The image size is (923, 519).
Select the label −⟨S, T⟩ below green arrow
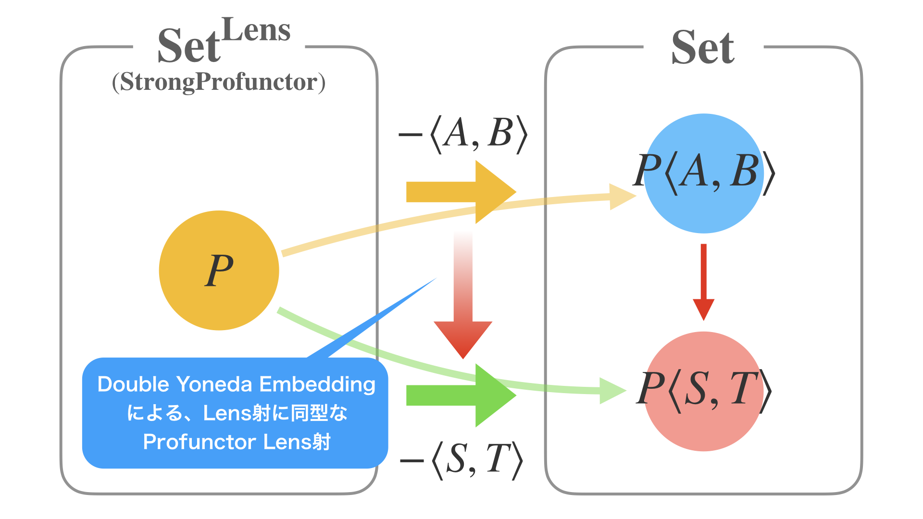[x=461, y=460]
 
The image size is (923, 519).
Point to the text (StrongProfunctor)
[x=219, y=82]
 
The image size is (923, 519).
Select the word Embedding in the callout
[x=317, y=384]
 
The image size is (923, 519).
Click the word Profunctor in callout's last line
[x=200, y=442]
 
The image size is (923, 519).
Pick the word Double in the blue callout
[x=133, y=384]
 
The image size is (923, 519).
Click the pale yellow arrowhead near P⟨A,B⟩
[x=621, y=196]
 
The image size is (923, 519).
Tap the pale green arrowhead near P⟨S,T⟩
[x=611, y=391]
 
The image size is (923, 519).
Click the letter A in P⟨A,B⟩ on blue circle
[x=696, y=172]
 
